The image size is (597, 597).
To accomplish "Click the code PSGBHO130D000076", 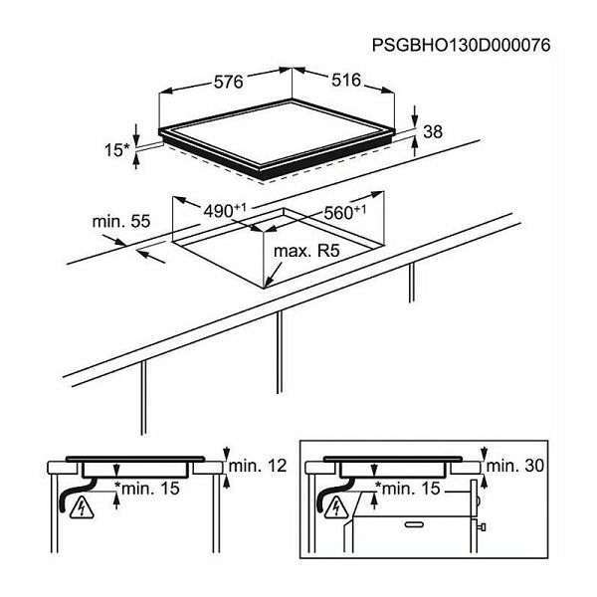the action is click(461, 46).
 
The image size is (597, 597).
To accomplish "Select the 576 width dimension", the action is click(228, 82).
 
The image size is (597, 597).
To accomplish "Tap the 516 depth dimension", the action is click(345, 80).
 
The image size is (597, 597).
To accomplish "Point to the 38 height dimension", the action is click(433, 131).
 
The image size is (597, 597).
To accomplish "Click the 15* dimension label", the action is click(116, 149).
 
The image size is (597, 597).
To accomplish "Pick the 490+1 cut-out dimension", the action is click(225, 211).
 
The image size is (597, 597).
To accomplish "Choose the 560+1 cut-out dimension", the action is click(344, 213).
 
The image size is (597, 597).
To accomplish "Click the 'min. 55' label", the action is click(121, 221).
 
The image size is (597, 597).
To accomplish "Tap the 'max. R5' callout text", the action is click(306, 251).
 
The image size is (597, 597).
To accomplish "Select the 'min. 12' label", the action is click(258, 466).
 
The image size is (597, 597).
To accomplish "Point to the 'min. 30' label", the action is click(515, 466).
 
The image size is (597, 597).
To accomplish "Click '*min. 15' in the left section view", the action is click(147, 489).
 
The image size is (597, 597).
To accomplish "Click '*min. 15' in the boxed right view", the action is click(408, 489).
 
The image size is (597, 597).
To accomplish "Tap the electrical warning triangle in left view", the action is click(82, 508).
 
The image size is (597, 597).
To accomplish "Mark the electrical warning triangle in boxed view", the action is click(336, 508).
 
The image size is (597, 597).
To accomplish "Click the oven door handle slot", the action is click(414, 524).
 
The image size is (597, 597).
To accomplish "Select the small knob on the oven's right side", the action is click(482, 527).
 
